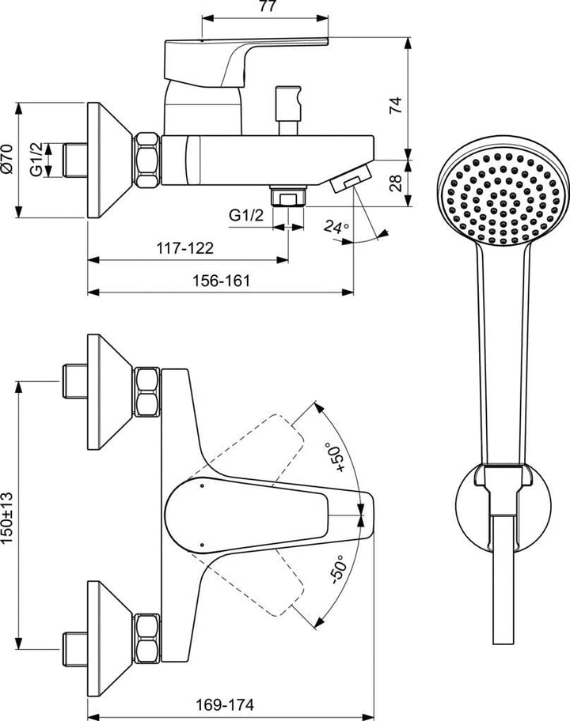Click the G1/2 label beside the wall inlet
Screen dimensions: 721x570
point(36,160)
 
